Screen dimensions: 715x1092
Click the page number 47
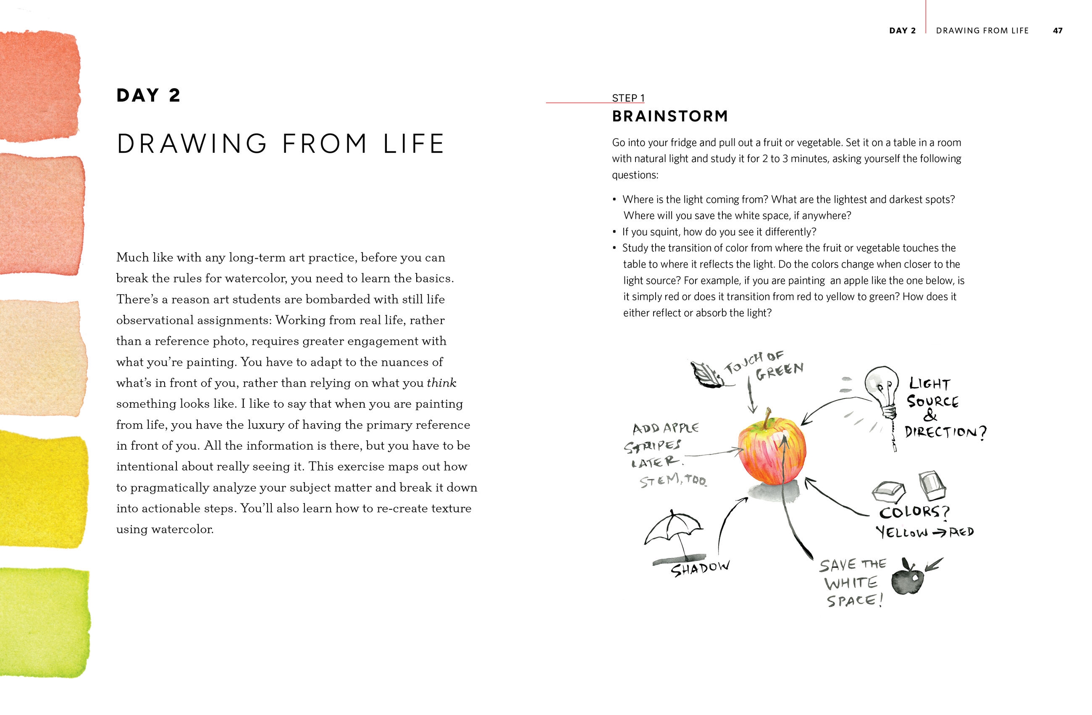point(1057,31)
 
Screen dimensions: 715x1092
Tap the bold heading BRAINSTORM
point(670,116)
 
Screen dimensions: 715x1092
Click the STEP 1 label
point(628,98)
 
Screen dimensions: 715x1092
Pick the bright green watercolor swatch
point(44,622)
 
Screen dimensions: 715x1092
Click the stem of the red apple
point(767,418)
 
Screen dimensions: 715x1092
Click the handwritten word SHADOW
point(700,569)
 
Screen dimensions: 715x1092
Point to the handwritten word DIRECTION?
point(945,432)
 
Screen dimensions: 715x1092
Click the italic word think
point(441,383)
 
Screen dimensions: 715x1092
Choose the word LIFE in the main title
point(413,144)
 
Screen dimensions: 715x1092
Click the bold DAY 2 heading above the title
point(148,95)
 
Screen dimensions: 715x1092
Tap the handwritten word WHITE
point(851,583)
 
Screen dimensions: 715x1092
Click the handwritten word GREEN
point(780,372)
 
